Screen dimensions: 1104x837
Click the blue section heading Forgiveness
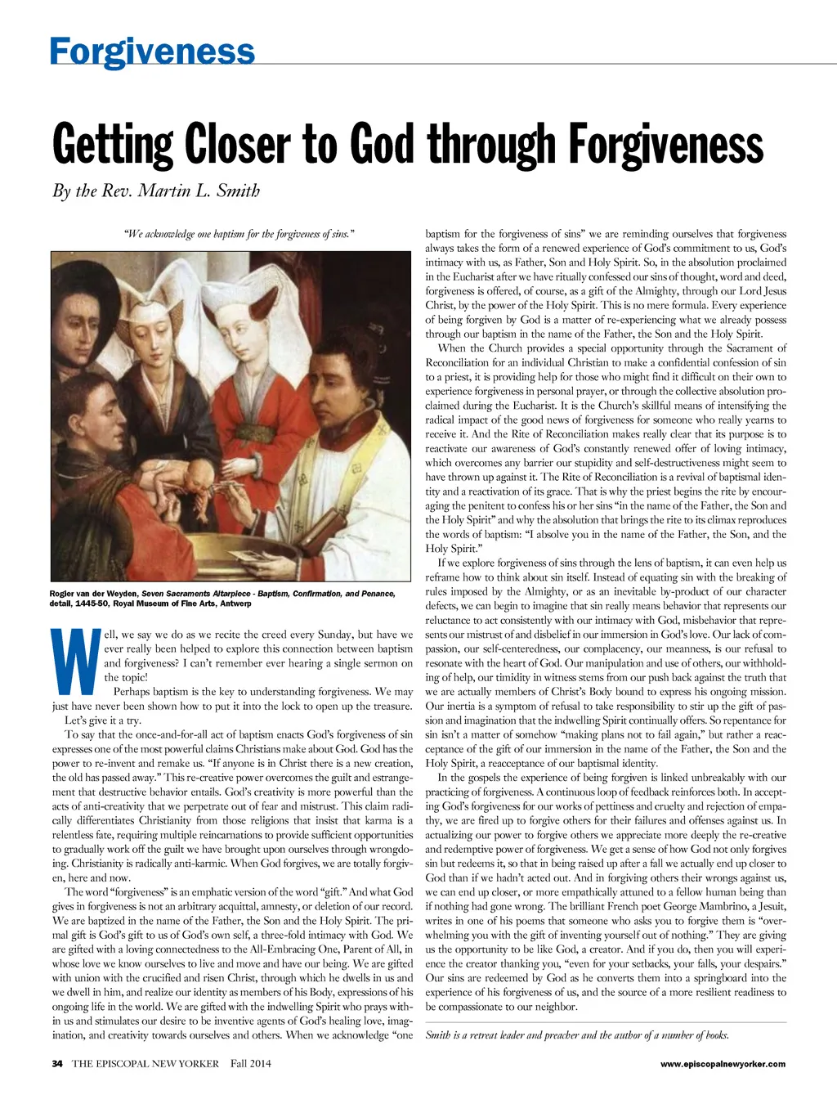click(x=152, y=51)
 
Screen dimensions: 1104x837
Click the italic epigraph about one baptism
click(x=238, y=235)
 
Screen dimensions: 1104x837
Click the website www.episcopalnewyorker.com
click(x=723, y=1064)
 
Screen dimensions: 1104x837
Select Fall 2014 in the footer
click(x=250, y=1063)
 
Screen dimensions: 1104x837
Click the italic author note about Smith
click(x=576, y=1035)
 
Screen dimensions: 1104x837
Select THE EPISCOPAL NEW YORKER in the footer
click(x=145, y=1063)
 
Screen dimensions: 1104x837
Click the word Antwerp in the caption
click(x=235, y=604)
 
